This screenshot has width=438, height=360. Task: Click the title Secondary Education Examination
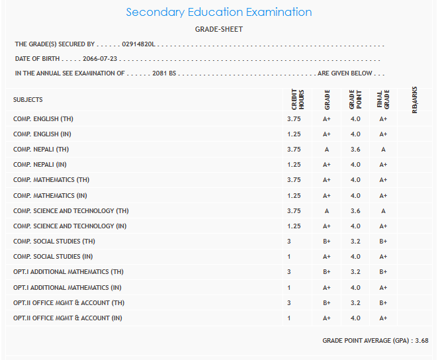pyautogui.click(x=218, y=13)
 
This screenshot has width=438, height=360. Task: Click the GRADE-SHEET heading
pyautogui.click(x=218, y=29)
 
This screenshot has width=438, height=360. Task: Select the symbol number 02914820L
pyautogui.click(x=138, y=44)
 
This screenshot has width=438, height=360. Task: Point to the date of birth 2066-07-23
pyautogui.click(x=101, y=59)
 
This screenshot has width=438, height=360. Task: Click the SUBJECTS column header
pyautogui.click(x=28, y=100)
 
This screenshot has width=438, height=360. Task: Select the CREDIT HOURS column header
pyautogui.click(x=297, y=99)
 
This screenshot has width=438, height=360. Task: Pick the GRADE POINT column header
pyautogui.click(x=355, y=100)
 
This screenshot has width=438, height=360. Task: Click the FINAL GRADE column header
pyautogui.click(x=383, y=100)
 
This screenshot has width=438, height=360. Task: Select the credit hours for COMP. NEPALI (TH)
pyautogui.click(x=294, y=150)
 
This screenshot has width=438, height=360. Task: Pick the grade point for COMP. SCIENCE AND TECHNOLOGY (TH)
pyautogui.click(x=355, y=211)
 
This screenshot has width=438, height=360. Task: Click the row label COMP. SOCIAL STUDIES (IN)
pyautogui.click(x=53, y=257)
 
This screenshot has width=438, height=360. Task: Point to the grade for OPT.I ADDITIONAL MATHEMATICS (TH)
pyautogui.click(x=327, y=272)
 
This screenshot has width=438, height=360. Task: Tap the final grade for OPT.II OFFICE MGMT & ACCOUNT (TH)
pyautogui.click(x=383, y=303)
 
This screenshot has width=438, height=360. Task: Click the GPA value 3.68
pyautogui.click(x=421, y=341)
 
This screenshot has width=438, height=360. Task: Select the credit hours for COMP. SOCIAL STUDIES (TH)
pyautogui.click(x=289, y=242)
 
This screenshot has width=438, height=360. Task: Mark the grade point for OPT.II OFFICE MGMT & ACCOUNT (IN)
pyautogui.click(x=355, y=318)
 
